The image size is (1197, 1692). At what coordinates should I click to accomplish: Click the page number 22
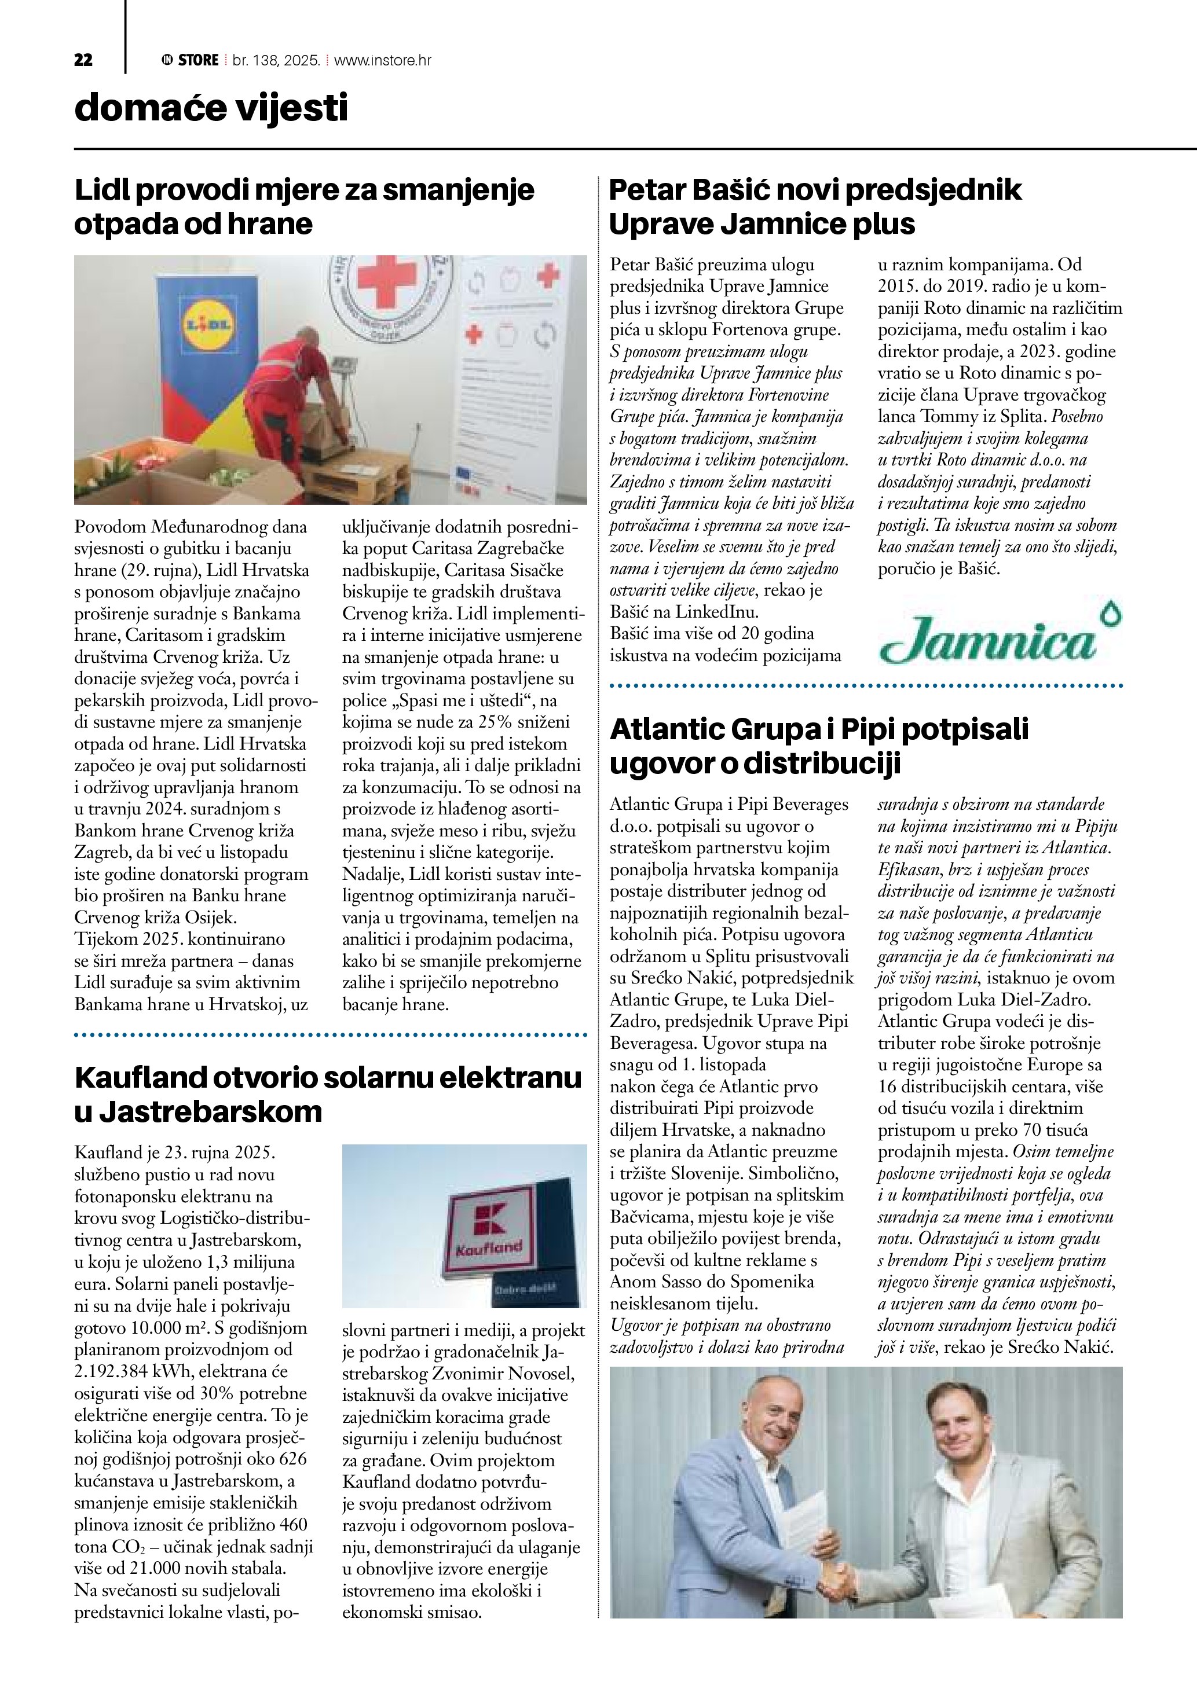[83, 60]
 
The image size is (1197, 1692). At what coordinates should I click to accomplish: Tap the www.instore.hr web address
[383, 60]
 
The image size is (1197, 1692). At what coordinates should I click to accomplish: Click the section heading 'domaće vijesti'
[211, 108]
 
